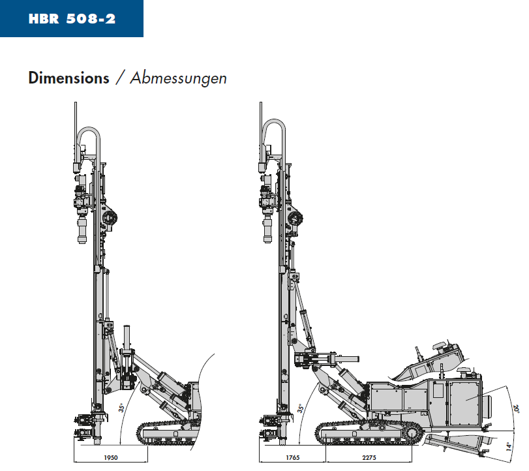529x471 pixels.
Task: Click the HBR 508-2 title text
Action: point(72,18)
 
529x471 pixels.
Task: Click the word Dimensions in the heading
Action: point(69,78)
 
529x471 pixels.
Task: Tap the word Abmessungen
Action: point(179,79)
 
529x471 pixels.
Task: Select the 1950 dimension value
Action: point(111,458)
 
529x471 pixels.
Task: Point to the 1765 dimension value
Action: point(292,458)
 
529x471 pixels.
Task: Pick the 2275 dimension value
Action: point(369,458)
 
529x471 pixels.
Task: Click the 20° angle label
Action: point(516,408)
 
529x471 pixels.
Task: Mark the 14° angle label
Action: point(509,446)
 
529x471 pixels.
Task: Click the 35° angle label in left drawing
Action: point(121,408)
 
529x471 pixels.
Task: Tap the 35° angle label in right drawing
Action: point(300,408)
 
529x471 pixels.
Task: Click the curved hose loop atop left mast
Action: point(89,129)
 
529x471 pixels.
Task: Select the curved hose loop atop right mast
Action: point(274,121)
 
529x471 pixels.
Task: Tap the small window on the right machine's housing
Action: point(438,389)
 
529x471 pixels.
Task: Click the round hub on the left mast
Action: point(110,218)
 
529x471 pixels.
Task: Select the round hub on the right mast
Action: point(295,218)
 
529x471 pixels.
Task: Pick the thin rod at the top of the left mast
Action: point(76,123)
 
